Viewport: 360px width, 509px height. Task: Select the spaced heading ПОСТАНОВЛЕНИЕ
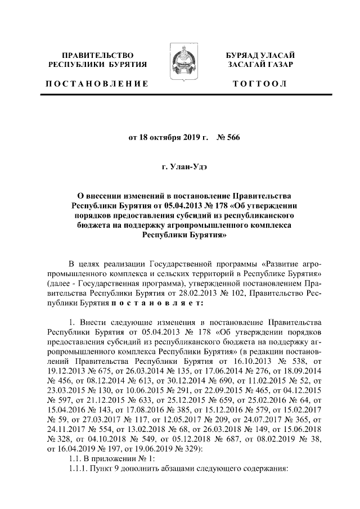click(x=97, y=84)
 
